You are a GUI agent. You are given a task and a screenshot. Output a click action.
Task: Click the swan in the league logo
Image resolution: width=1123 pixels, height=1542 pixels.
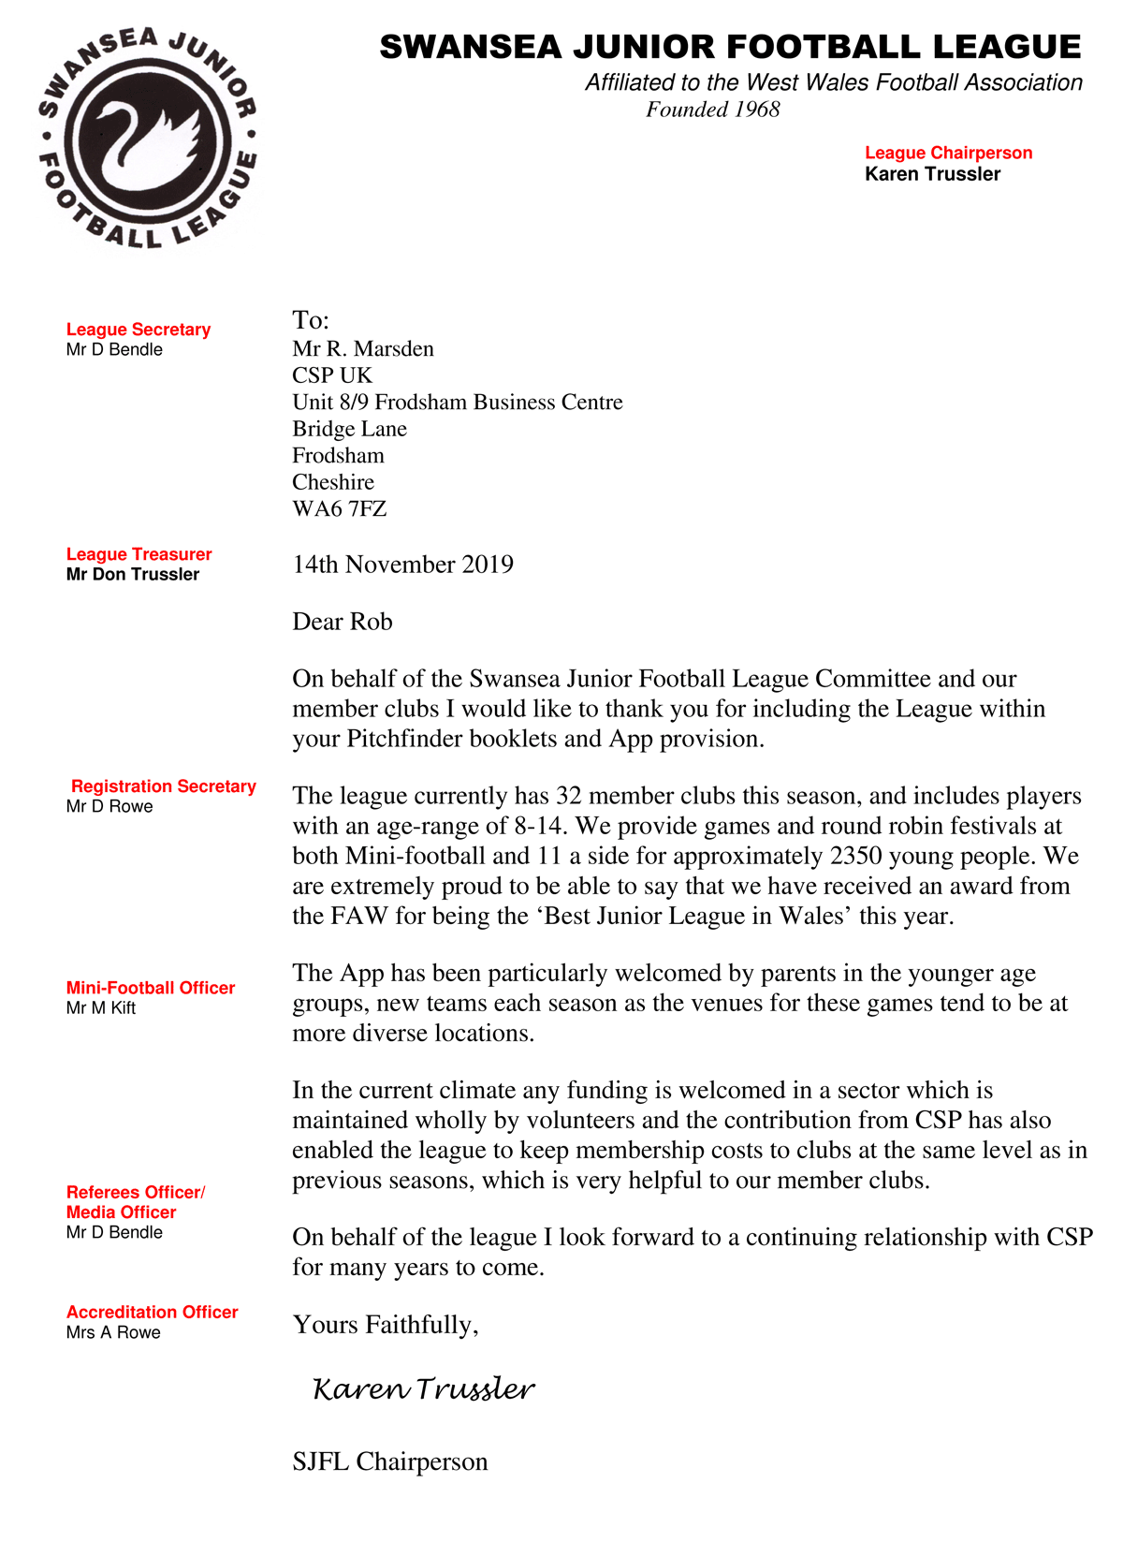(150, 140)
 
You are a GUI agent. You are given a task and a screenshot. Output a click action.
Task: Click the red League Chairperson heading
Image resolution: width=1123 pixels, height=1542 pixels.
(948, 153)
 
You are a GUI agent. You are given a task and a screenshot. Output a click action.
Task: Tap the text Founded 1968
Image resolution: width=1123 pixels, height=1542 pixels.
(712, 110)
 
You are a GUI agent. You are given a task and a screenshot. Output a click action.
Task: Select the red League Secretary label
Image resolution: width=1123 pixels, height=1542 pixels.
(139, 330)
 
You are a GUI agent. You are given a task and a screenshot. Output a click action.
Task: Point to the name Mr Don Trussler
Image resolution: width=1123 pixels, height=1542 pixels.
(133, 574)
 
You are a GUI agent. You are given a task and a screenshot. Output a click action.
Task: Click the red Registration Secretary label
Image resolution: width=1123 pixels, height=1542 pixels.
(164, 786)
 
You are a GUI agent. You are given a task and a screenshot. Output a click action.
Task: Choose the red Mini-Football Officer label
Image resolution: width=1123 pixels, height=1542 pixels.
(151, 988)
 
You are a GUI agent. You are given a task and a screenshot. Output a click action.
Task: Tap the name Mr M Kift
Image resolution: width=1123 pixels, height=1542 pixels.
(101, 1008)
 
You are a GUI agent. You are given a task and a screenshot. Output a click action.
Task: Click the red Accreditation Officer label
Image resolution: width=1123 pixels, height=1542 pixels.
(153, 1313)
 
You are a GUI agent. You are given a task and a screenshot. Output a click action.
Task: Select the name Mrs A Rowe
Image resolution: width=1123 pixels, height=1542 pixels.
(113, 1332)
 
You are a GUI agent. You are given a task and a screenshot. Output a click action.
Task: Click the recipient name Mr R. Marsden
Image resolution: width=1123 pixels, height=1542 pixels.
(363, 349)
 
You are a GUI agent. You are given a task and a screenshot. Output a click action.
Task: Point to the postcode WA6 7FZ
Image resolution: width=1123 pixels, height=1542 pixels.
(339, 509)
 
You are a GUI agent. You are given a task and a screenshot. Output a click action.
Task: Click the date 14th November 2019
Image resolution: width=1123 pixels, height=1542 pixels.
(402, 565)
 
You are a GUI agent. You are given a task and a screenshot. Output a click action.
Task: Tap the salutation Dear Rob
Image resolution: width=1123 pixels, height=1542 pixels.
(343, 622)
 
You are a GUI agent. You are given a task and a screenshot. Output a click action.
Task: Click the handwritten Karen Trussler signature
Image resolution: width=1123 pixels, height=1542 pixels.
(424, 1389)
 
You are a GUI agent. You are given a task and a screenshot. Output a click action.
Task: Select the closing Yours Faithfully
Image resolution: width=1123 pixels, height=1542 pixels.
(386, 1325)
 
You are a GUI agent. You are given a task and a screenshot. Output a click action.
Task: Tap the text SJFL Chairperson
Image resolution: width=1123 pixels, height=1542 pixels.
(390, 1461)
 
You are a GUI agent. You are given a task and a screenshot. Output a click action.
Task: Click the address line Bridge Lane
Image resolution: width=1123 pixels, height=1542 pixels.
(349, 429)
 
